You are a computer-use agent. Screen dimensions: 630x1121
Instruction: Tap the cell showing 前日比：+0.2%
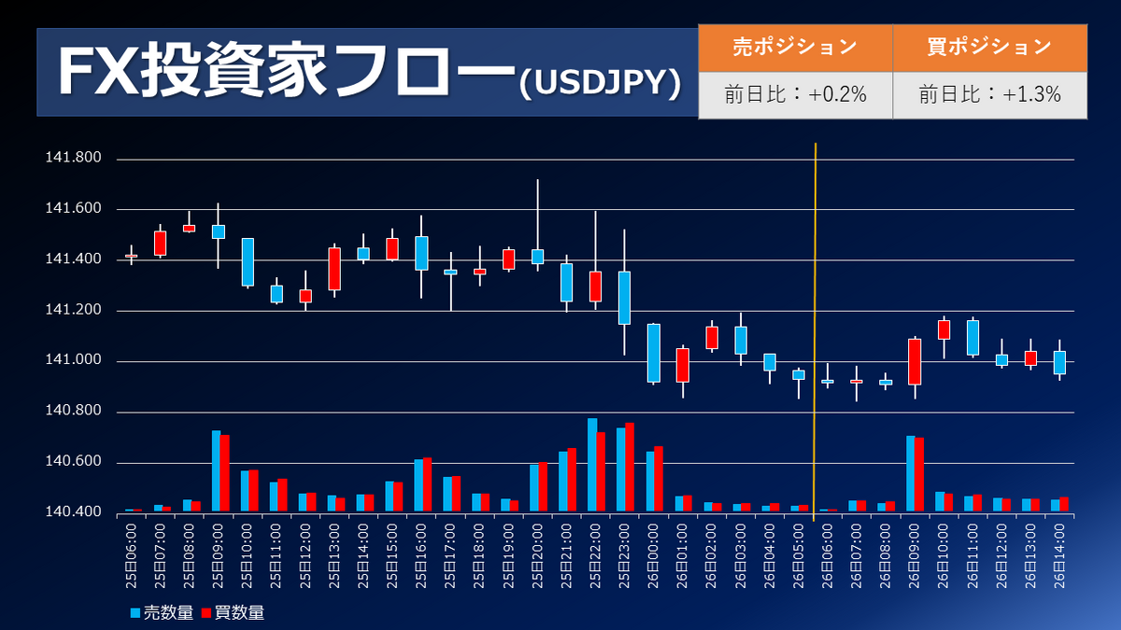[x=795, y=94]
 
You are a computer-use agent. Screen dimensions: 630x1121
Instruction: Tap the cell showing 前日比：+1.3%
[x=989, y=94]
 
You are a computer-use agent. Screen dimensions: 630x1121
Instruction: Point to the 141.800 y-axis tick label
[x=73, y=158]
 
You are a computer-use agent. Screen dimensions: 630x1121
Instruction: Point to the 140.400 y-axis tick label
[x=73, y=512]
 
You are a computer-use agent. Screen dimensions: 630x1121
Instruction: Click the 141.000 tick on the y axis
[x=73, y=361]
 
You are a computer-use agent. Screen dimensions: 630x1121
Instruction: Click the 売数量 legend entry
[x=161, y=612]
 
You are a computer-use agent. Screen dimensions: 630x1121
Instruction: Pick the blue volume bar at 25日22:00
[x=592, y=465]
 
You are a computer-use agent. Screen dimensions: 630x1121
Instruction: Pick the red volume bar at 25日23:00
[x=631, y=467]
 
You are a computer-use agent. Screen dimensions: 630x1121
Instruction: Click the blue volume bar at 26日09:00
[x=911, y=473]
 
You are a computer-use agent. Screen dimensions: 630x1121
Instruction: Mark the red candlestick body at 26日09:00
[x=915, y=362]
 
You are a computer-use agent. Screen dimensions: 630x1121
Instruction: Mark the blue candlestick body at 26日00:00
[x=654, y=353]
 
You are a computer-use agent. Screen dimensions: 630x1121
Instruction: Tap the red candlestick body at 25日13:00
[x=334, y=269]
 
